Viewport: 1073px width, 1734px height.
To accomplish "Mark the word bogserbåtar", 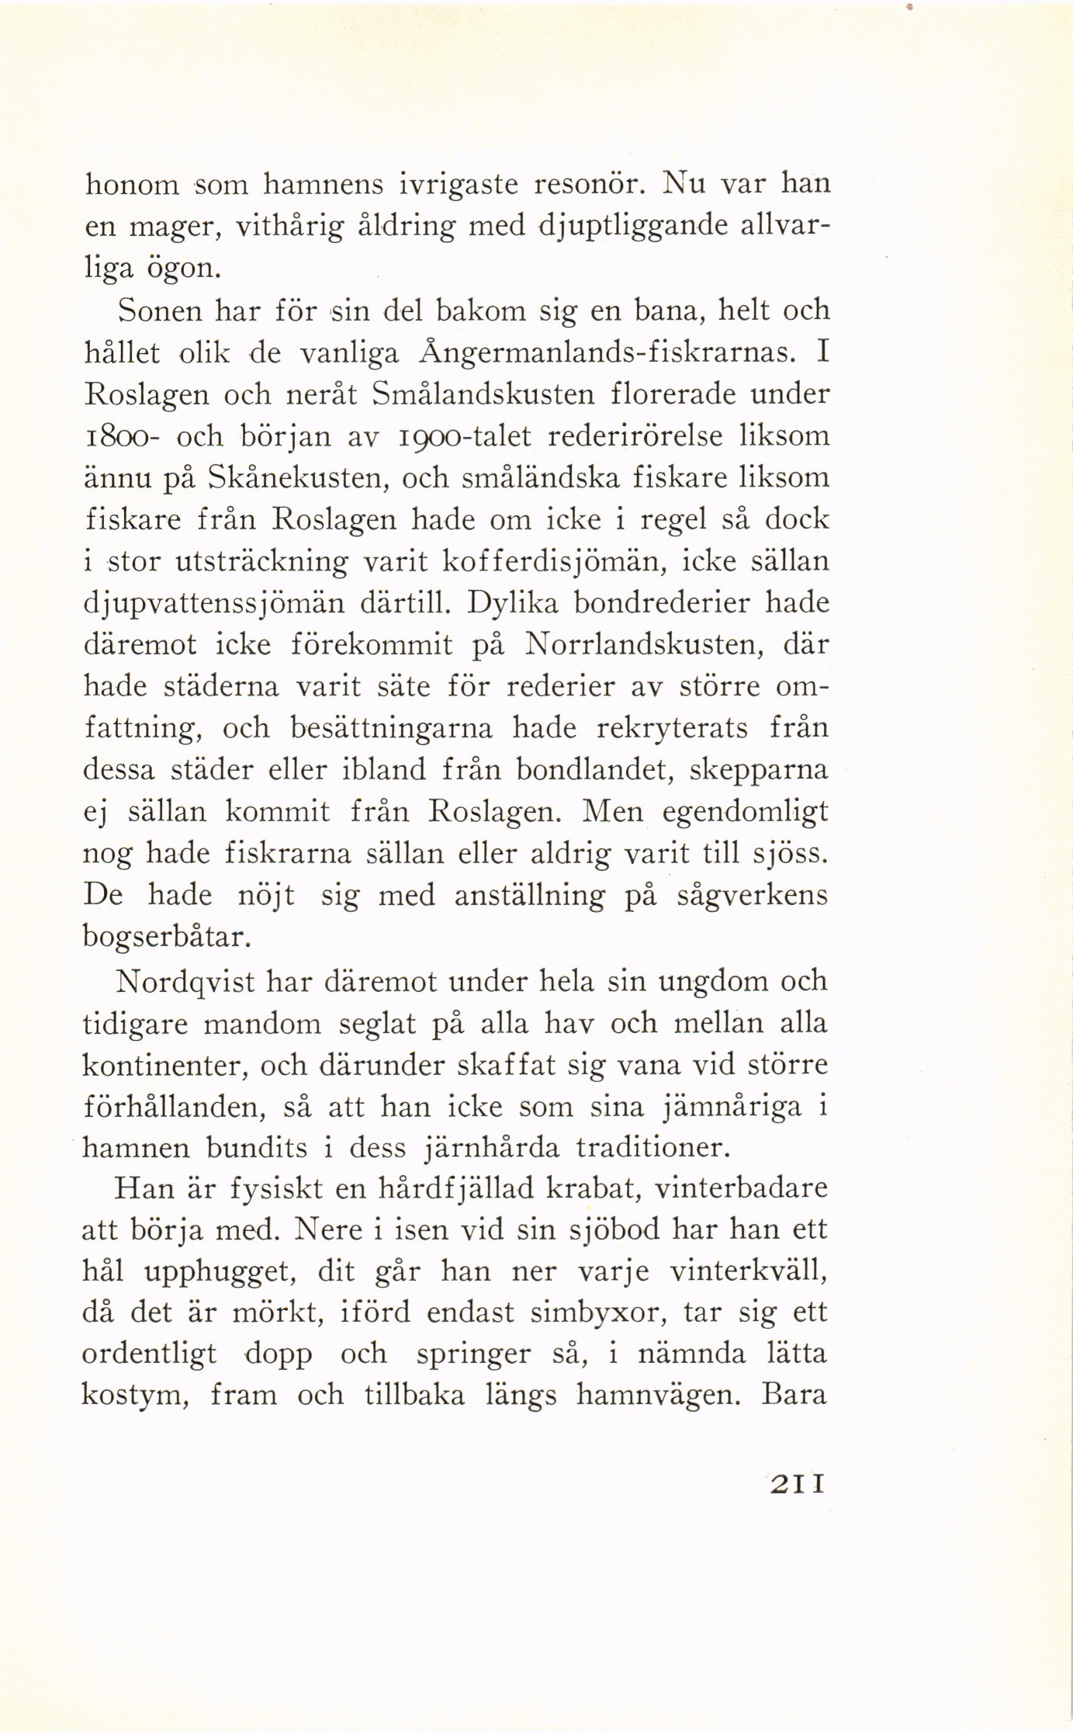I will click(167, 938).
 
